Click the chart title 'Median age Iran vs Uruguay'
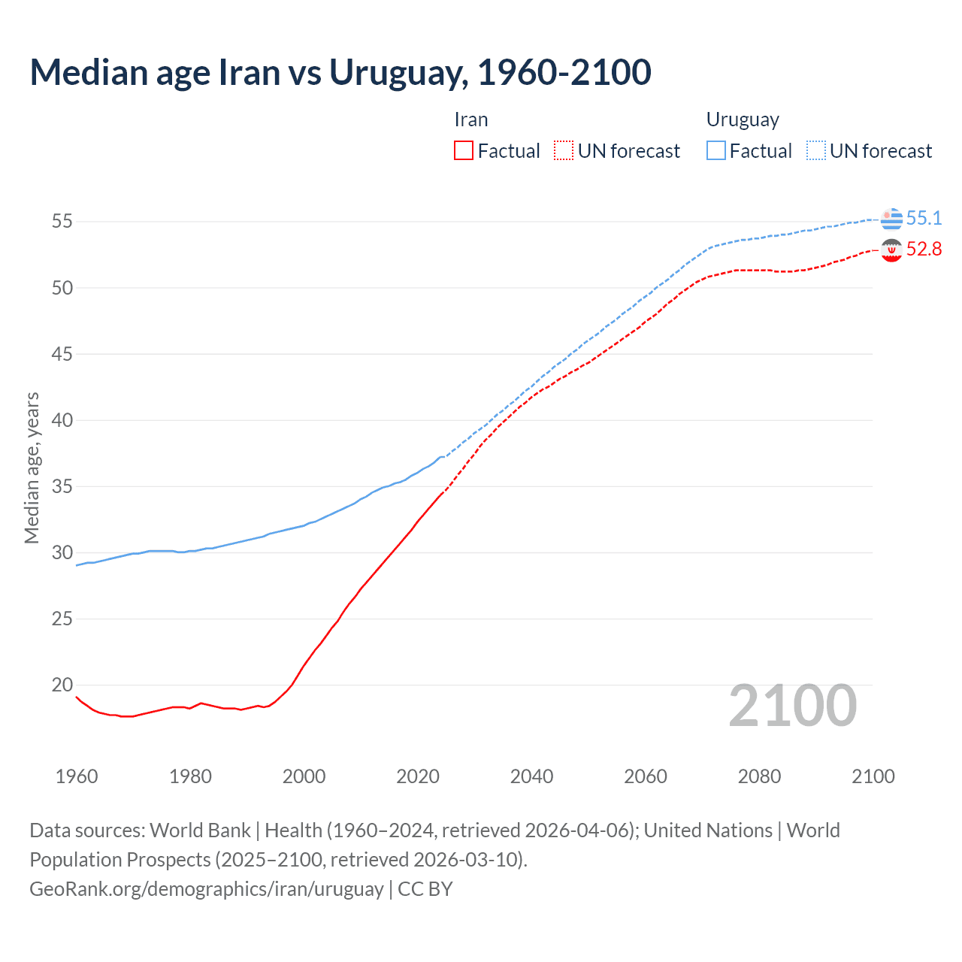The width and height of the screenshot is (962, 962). point(340,73)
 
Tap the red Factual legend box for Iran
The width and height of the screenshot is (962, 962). point(464,150)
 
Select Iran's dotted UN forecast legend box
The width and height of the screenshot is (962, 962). point(564,150)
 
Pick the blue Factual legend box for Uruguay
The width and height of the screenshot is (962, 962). point(716,150)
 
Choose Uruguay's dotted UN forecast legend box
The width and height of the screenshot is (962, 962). point(816,150)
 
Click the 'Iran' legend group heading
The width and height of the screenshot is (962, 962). point(471,120)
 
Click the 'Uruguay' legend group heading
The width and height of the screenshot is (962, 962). point(743,120)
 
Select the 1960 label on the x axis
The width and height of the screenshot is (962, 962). point(77,776)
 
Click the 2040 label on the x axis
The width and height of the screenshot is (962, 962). point(531,776)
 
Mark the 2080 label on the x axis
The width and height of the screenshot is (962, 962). point(759,776)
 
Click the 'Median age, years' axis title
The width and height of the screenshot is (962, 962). point(32,467)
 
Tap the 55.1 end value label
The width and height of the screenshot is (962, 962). point(924,219)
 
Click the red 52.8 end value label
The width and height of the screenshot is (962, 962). point(924,250)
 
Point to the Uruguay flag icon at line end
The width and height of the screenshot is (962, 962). point(891,219)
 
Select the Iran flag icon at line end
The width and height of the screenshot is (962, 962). point(891,250)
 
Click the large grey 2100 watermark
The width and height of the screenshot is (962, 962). point(793,706)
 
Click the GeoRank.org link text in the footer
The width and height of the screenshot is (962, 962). point(207,889)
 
